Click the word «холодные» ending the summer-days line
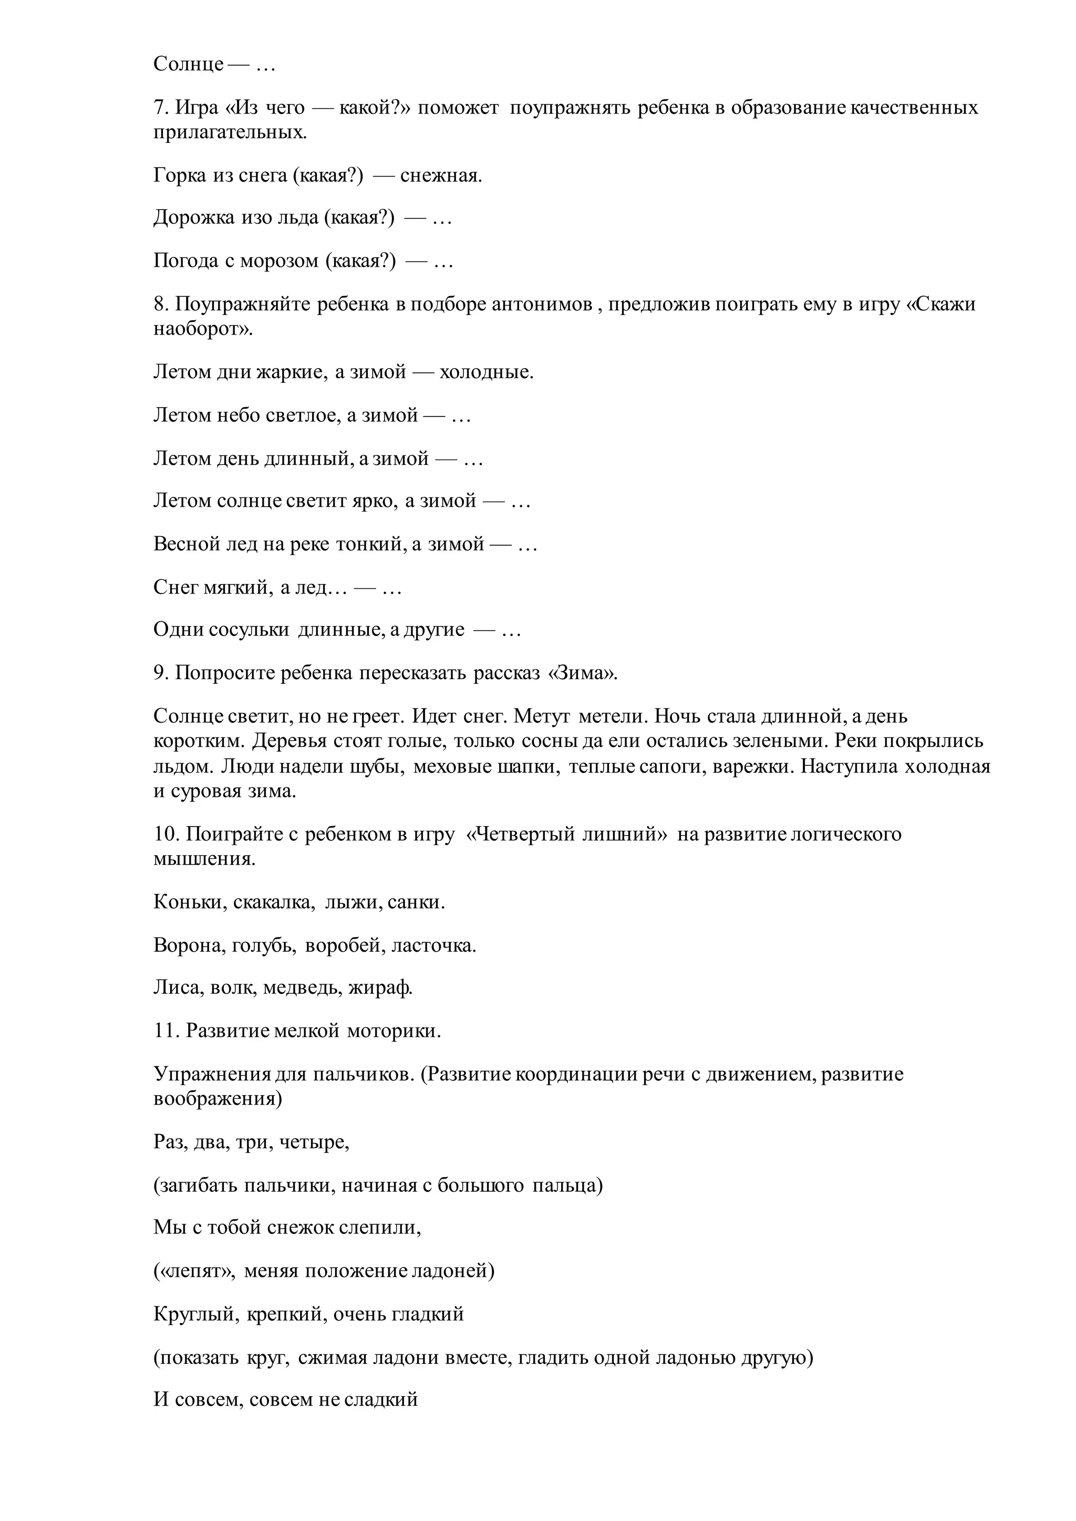pos(487,372)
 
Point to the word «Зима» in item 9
pos(583,673)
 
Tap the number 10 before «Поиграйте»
pos(163,834)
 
